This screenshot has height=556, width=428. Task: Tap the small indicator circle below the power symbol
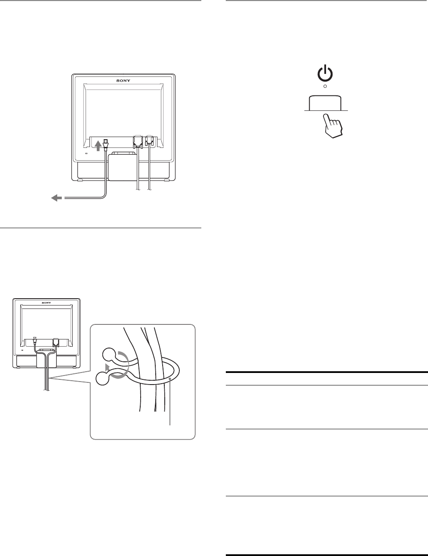coord(325,86)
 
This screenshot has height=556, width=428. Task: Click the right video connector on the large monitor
coord(149,142)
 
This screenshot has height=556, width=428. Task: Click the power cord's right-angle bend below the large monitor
coord(103,196)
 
